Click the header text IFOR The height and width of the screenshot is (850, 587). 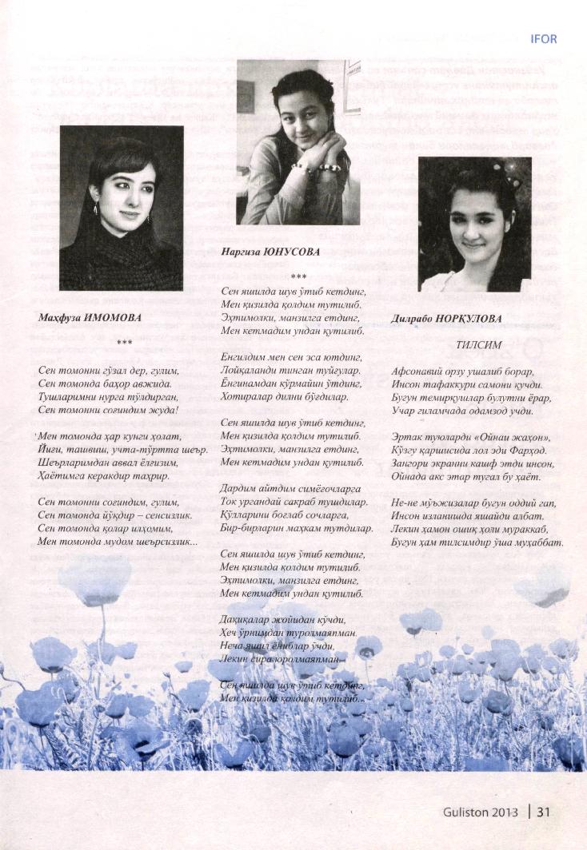[x=543, y=38]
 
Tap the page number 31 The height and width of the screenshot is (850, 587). [x=544, y=812]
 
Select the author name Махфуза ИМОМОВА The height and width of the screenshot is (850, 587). [x=90, y=318]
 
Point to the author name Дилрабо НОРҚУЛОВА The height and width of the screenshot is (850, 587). [x=446, y=319]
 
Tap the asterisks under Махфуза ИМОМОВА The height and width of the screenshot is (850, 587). [x=124, y=343]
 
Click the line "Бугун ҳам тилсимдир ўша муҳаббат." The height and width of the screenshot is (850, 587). [x=477, y=542]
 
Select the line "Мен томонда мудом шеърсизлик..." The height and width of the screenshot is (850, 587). [x=118, y=541]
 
